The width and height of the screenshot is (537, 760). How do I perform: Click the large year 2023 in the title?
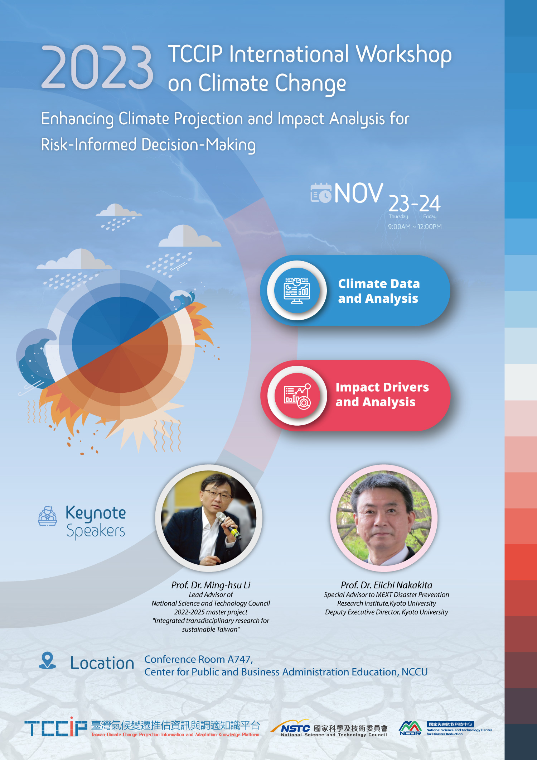[x=97, y=67]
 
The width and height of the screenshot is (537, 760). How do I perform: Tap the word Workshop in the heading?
[x=403, y=55]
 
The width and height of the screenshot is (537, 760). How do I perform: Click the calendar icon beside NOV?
[x=321, y=193]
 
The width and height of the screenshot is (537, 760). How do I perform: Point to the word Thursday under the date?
[x=398, y=216]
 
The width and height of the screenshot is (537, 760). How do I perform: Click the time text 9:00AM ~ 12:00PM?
[x=415, y=227]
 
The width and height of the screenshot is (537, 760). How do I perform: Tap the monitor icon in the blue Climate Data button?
[x=297, y=290]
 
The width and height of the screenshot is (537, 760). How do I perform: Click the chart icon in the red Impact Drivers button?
[x=297, y=396]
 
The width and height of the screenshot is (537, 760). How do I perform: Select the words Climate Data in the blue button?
[x=379, y=284]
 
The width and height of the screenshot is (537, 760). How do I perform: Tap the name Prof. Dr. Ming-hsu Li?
[x=211, y=585]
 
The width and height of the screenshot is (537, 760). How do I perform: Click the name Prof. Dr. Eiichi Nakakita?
[x=387, y=585]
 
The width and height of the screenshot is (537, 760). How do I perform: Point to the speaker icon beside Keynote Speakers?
[x=48, y=516]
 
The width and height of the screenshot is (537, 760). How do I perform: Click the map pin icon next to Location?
[x=48, y=660]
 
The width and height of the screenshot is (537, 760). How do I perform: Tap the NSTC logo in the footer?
[x=291, y=727]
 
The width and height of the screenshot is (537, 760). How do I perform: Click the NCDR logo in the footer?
[x=410, y=728]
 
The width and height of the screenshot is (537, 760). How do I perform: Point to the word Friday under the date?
[x=430, y=216]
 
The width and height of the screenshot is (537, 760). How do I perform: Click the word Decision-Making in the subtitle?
[x=199, y=145]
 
